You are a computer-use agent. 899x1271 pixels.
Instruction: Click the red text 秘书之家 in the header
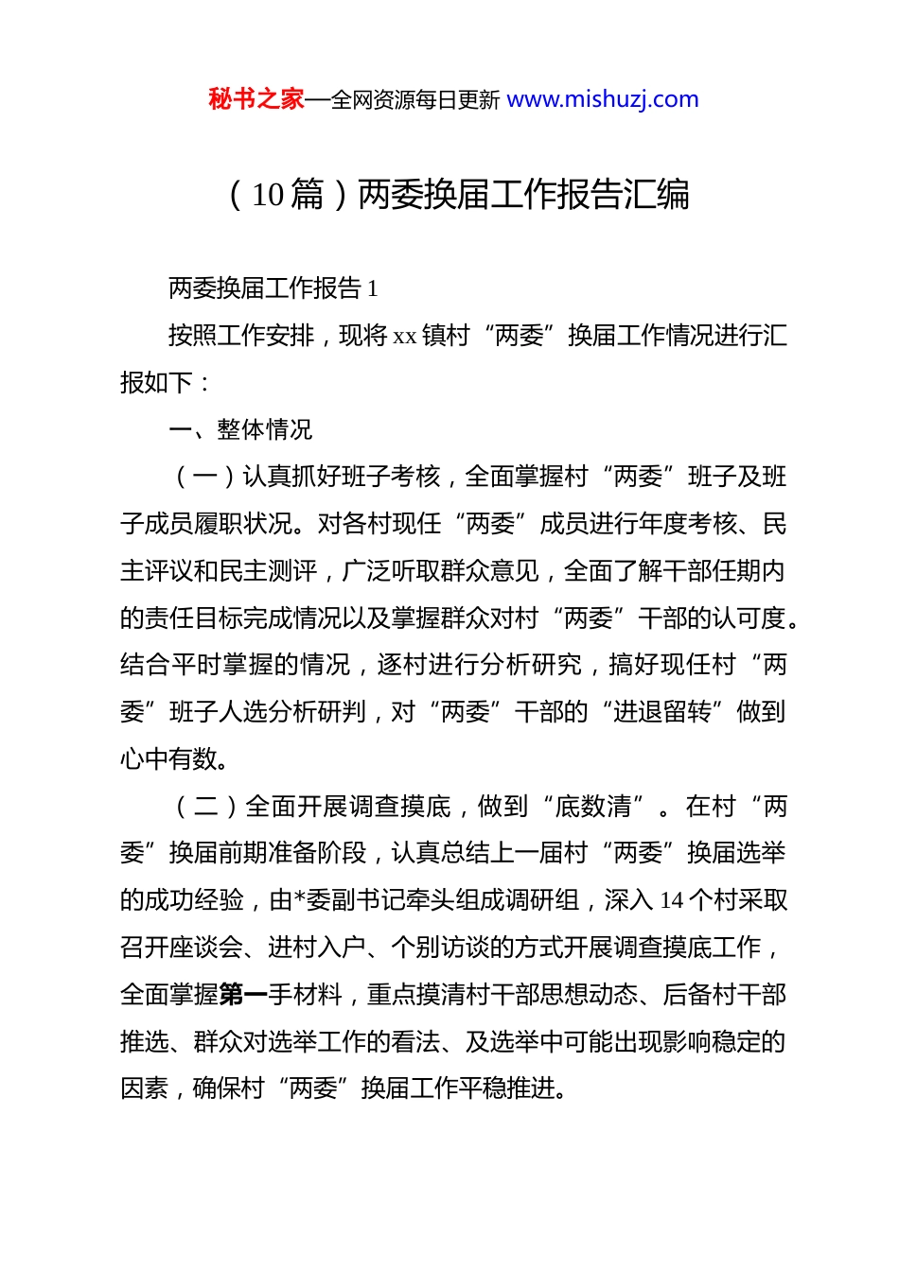click(256, 99)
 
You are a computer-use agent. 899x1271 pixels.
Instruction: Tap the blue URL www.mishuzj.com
click(603, 99)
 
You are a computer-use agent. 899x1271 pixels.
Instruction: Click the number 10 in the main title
click(268, 195)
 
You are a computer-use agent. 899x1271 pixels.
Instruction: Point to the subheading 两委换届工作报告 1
click(273, 288)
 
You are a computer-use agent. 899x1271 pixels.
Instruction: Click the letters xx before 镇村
click(405, 336)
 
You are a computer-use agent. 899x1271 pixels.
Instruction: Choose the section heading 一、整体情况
click(240, 430)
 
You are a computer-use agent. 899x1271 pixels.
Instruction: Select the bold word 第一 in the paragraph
click(243, 995)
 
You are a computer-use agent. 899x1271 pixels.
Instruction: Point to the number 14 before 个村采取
click(671, 900)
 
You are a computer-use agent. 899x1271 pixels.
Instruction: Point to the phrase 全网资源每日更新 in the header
click(415, 100)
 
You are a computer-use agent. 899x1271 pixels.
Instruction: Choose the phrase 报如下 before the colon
click(156, 383)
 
